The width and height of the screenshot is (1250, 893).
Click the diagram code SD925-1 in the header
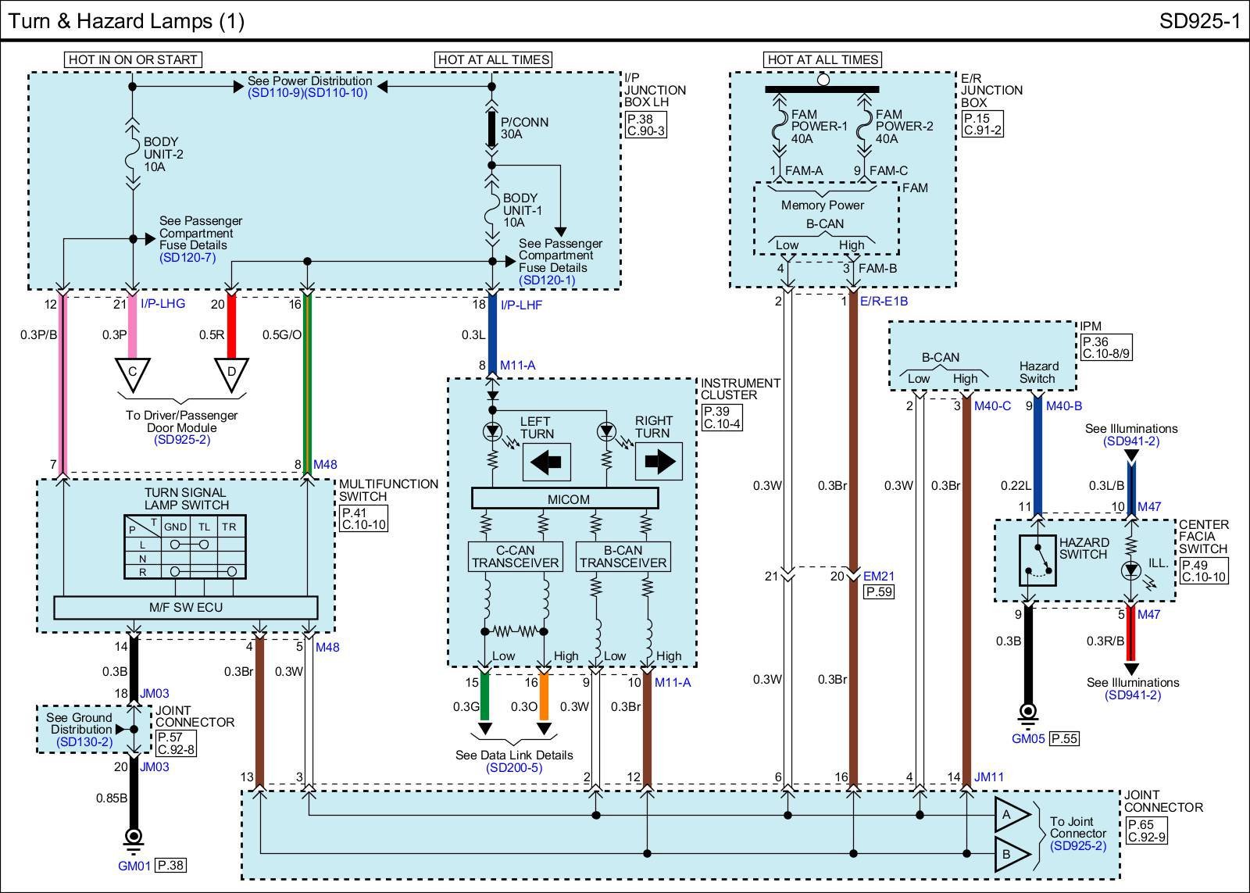(1200, 21)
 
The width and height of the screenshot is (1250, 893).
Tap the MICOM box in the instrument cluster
(565, 498)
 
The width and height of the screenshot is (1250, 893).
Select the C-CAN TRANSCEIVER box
(515, 556)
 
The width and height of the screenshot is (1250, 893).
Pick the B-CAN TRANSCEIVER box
(623, 556)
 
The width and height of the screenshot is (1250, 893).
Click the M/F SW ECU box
(186, 607)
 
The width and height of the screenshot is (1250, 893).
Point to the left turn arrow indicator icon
(546, 462)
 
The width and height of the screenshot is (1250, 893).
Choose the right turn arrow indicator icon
(659, 462)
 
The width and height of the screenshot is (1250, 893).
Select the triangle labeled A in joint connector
(1011, 815)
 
